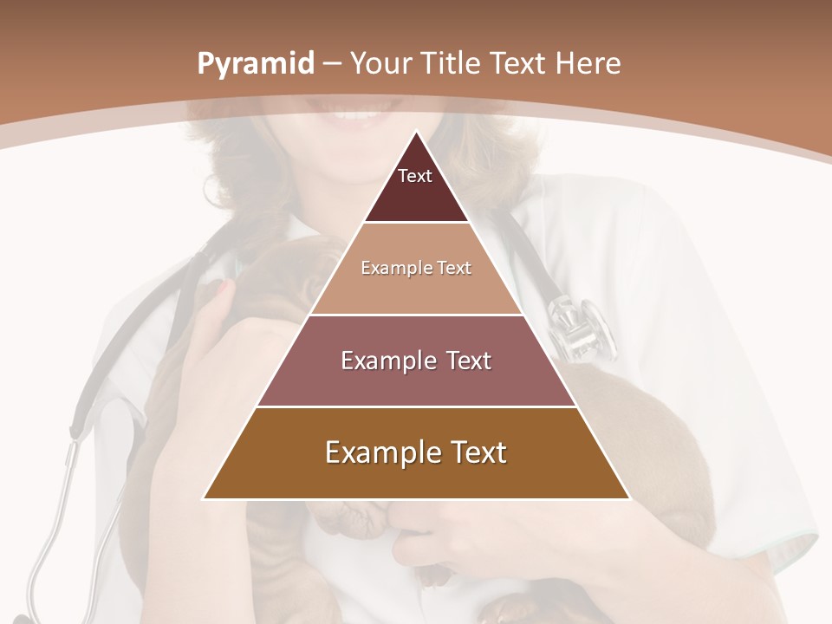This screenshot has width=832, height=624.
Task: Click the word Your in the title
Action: (380, 64)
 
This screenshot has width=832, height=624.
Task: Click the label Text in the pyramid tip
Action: (415, 176)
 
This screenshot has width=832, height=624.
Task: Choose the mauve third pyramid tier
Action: (416, 381)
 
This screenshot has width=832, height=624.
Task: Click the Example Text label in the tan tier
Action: (416, 268)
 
